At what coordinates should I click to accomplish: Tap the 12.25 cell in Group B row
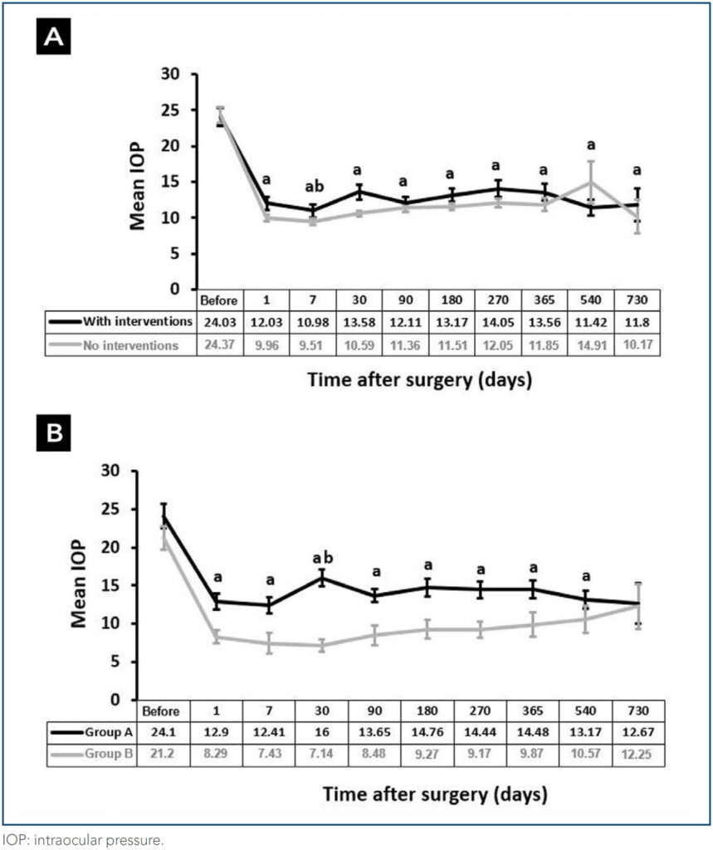[x=635, y=755]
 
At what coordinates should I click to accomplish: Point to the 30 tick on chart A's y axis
[x=169, y=75]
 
